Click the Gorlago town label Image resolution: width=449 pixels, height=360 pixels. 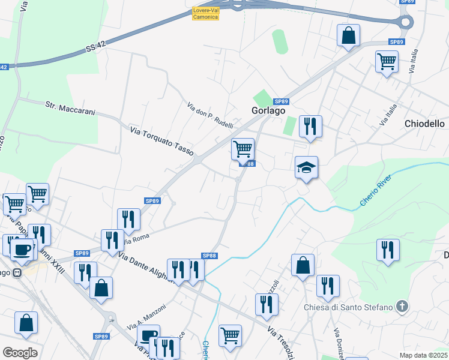tap(268, 111)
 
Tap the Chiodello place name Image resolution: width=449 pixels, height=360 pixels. tap(424, 124)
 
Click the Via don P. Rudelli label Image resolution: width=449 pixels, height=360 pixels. tap(210, 115)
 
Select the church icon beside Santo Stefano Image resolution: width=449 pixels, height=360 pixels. tap(402, 307)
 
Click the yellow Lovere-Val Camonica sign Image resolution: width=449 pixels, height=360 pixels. tap(205, 14)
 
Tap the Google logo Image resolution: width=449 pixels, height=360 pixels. tap(20, 353)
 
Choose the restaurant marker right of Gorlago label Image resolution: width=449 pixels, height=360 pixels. tap(310, 126)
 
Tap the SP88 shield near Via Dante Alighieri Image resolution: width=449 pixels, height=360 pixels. tap(209, 256)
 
